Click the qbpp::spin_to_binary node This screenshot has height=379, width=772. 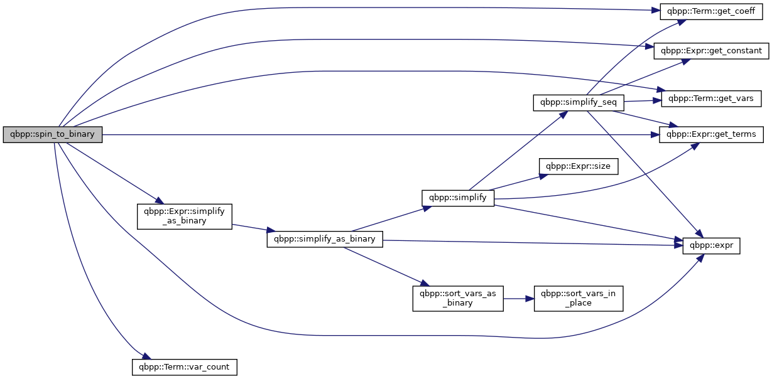point(53,134)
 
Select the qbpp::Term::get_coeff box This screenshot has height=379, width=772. point(711,11)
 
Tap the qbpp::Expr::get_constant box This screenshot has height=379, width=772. point(711,51)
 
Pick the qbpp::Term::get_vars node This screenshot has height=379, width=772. point(711,99)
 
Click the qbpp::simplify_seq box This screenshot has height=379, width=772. point(579,102)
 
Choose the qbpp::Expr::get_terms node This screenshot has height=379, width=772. point(711,134)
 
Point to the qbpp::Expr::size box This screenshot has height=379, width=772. point(579,166)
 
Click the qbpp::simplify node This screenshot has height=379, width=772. point(458,198)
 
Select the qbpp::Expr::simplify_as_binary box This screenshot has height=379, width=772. point(185,216)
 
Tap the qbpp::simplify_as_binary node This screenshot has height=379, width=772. point(325,239)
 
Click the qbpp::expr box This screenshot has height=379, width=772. point(711,246)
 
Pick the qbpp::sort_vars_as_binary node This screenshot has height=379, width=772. point(458,299)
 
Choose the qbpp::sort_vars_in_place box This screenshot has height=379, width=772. point(579,299)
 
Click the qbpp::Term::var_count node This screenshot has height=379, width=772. point(185,367)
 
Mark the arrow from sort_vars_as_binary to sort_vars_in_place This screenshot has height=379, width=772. point(519,299)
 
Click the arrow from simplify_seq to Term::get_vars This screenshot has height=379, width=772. point(643,101)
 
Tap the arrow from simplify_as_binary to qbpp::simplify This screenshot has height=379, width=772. point(391,219)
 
